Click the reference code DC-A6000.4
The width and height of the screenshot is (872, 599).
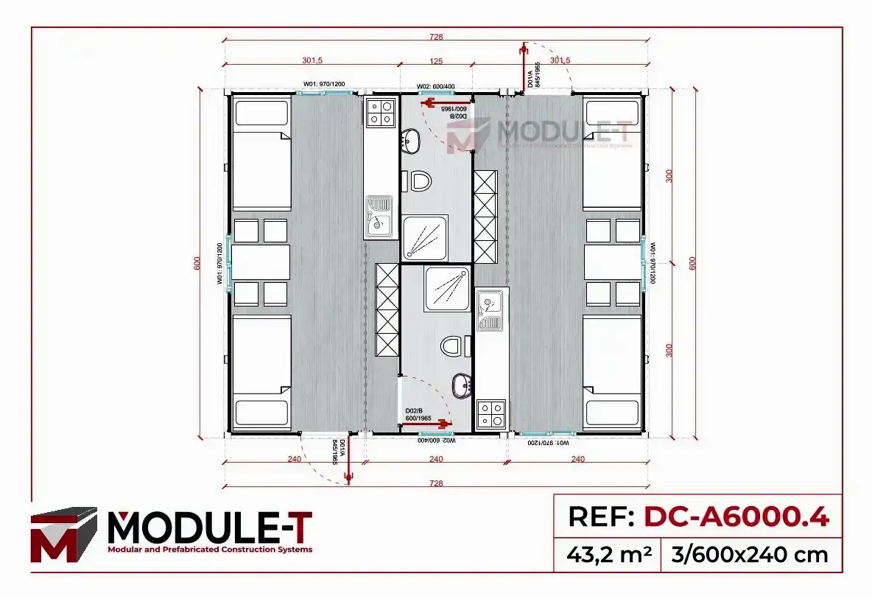(736, 517)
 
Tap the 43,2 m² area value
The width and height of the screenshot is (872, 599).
(609, 554)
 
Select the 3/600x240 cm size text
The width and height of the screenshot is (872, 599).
(750, 554)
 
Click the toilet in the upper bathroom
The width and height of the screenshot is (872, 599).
(421, 181)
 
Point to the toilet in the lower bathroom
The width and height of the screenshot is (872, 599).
(453, 346)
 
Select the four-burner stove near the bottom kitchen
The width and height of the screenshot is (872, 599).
(491, 413)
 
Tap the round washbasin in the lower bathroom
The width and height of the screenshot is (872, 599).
(463, 385)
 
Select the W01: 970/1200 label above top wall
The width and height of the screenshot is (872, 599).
(324, 84)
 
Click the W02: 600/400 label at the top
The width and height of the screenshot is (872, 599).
(436, 86)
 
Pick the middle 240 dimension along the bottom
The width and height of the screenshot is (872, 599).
(436, 459)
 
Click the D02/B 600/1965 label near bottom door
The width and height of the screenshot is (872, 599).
(418, 415)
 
